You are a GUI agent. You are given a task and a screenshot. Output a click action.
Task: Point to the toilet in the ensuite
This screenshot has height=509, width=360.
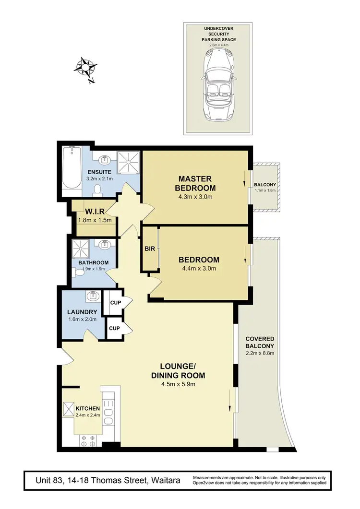click(x=98, y=190)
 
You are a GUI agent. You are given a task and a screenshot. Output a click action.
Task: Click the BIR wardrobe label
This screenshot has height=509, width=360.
click(x=149, y=249)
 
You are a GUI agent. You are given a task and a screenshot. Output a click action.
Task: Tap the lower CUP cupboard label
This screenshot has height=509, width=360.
click(x=114, y=329)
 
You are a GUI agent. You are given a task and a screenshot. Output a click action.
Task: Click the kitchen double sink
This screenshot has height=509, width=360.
click(x=108, y=416)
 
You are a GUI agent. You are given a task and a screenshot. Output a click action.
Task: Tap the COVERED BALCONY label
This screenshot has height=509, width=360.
click(x=260, y=342)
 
